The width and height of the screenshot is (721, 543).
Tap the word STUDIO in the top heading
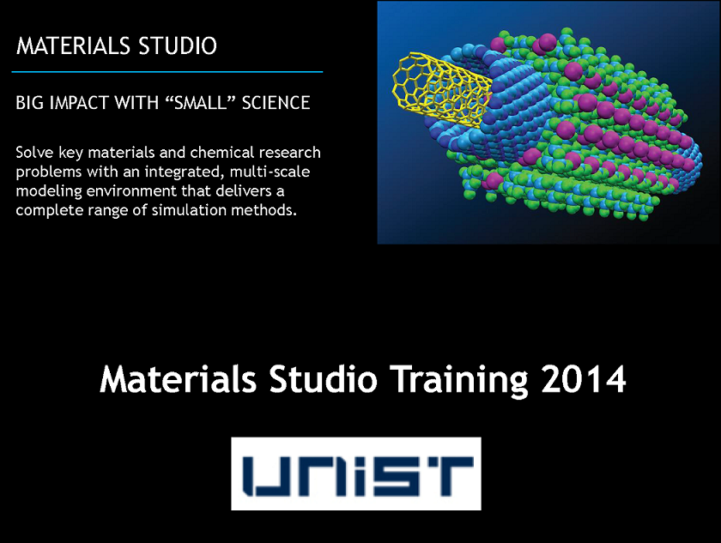[178, 46]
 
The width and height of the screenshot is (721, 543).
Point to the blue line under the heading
[167, 72]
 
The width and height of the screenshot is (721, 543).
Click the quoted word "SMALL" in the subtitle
[200, 102]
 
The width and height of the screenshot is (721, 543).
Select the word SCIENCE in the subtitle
[276, 102]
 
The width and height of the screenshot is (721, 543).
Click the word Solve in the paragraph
[34, 152]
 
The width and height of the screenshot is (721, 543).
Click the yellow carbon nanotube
[441, 88]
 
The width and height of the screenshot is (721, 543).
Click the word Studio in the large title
[323, 379]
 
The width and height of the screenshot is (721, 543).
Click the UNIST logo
[356, 474]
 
